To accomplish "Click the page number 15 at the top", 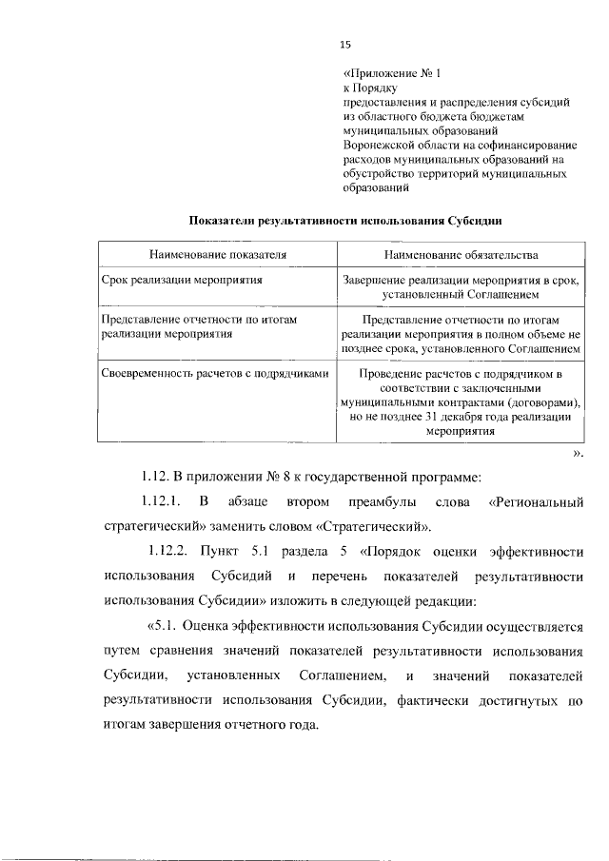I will (345, 44).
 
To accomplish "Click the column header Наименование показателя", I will (217, 256).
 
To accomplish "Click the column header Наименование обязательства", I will (461, 256).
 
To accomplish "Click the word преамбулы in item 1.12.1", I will (380, 500).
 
